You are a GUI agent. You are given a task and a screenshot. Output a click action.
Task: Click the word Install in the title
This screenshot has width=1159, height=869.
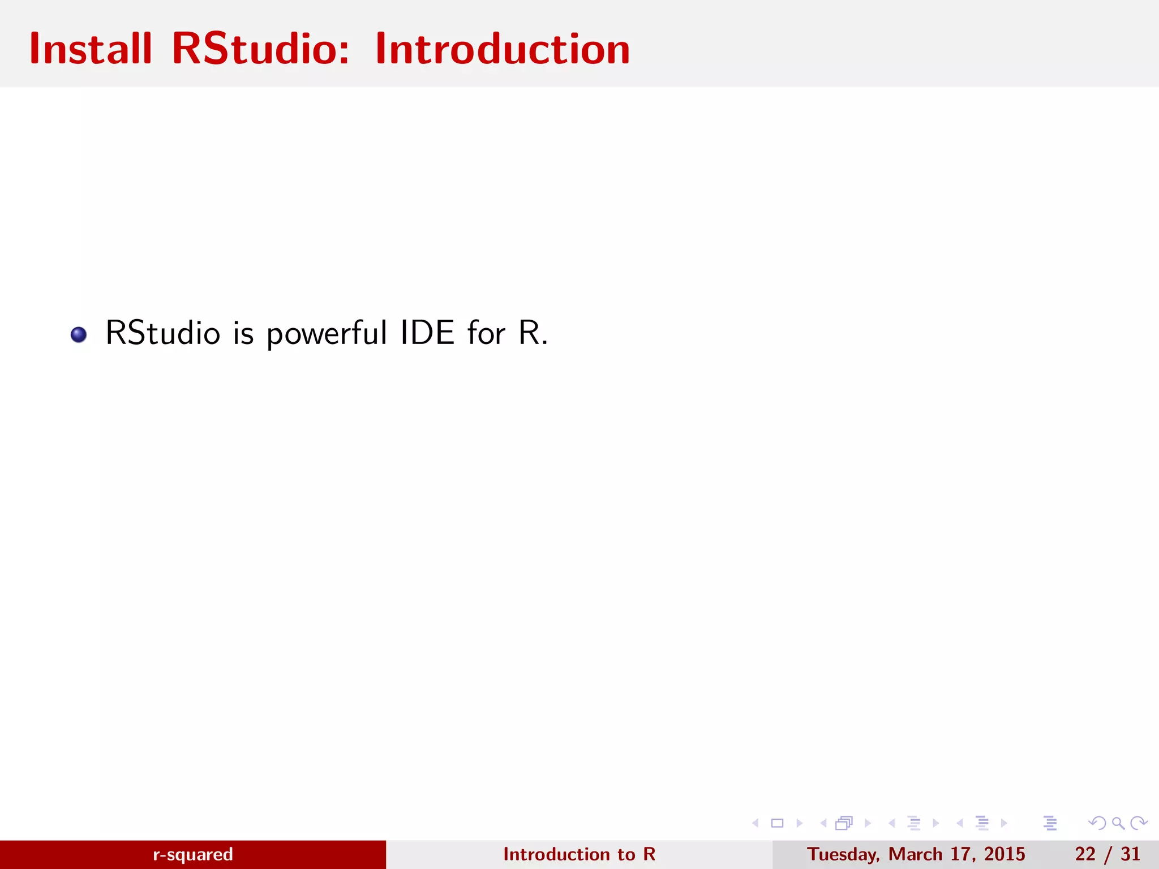pyautogui.click(x=91, y=49)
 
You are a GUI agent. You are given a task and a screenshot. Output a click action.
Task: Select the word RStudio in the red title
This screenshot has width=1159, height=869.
pyautogui.click(x=261, y=49)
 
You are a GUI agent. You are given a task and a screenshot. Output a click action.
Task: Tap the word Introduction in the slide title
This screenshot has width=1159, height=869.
pyautogui.click(x=503, y=49)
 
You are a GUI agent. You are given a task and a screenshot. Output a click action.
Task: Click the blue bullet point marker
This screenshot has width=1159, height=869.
pyautogui.click(x=79, y=334)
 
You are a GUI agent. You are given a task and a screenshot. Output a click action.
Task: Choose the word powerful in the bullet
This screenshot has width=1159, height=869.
pyautogui.click(x=327, y=334)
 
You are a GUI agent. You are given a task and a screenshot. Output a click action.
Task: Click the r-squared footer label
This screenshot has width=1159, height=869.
pyautogui.click(x=193, y=854)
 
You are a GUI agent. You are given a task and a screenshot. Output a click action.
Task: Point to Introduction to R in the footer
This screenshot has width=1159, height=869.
pyautogui.click(x=579, y=854)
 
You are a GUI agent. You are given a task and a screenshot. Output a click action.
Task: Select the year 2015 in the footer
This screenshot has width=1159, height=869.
pyautogui.click(x=1005, y=854)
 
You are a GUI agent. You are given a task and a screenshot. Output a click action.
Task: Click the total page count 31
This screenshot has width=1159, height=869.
pyautogui.click(x=1131, y=854)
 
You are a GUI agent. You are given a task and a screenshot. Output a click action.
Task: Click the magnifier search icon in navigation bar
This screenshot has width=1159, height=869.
pyautogui.click(x=1118, y=823)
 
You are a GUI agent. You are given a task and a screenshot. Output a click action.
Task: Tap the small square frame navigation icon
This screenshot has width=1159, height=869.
pyautogui.click(x=778, y=823)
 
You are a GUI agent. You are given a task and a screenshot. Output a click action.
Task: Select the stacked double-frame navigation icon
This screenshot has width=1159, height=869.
pyautogui.click(x=844, y=823)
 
